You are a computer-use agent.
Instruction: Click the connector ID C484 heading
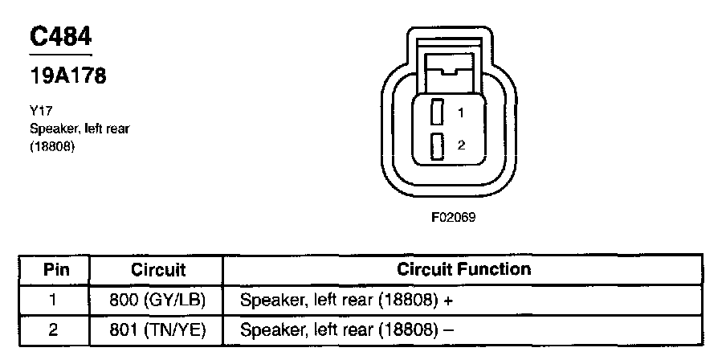[60, 37]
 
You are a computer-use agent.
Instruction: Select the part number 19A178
[68, 77]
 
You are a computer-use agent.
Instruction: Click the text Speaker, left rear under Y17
[79, 129]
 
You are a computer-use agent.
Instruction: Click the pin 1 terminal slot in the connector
[438, 112]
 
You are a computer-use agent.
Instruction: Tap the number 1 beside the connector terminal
[460, 113]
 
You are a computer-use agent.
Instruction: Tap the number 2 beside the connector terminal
[460, 145]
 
